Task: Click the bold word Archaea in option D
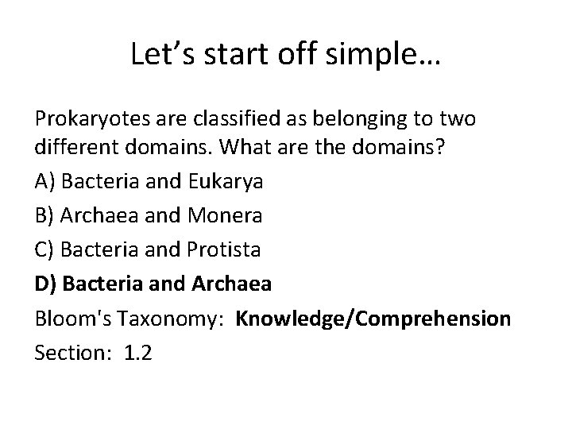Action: pos(232,284)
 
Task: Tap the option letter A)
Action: pos(45,181)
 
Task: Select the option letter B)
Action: pos(44,214)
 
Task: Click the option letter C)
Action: pos(44,249)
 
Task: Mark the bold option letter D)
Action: pos(45,284)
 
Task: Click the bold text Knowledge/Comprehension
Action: pos(385,319)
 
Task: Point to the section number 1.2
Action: pos(138,353)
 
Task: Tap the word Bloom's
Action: pos(70,319)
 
